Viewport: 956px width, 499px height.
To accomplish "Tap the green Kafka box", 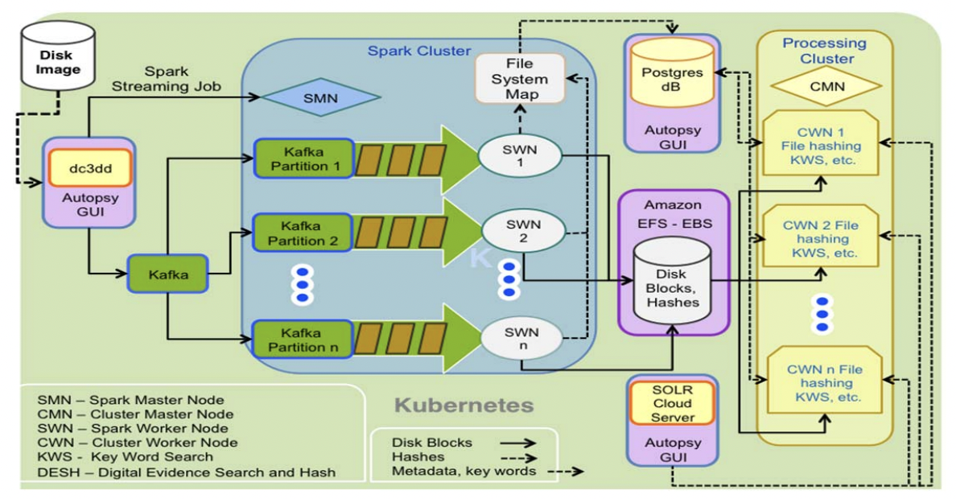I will point(167,274).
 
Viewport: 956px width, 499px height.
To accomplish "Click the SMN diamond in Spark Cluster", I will point(320,99).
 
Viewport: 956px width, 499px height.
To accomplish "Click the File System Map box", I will point(519,79).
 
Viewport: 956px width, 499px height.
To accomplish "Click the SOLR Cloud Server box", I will point(672,403).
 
